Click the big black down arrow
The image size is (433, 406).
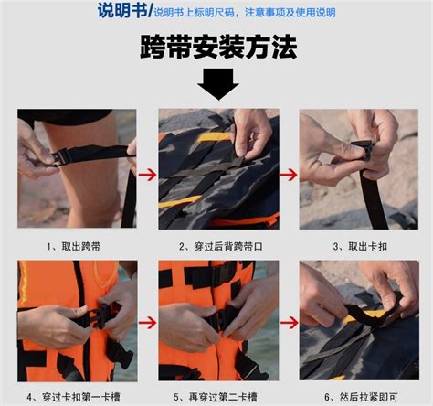coord(218,83)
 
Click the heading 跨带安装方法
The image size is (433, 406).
coord(218,48)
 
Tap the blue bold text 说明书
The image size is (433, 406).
coord(122,11)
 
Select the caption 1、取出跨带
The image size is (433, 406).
coord(74,246)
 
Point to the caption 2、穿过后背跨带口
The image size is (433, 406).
coord(221,246)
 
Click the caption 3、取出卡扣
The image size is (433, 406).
coord(360,246)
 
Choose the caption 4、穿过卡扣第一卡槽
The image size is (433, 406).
coord(73,397)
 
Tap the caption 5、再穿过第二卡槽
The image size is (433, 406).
coord(216,397)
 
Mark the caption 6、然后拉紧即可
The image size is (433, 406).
coord(361,397)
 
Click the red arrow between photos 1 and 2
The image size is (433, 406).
coord(147,175)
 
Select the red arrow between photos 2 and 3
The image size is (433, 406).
coord(289,175)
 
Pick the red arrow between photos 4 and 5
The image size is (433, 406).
coord(147,323)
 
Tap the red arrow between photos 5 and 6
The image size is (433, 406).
coord(290,323)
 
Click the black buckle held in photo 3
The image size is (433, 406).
coord(364,149)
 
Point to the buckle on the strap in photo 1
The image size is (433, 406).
coord(61,156)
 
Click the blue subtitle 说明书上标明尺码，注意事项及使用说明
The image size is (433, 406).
coord(245,13)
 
